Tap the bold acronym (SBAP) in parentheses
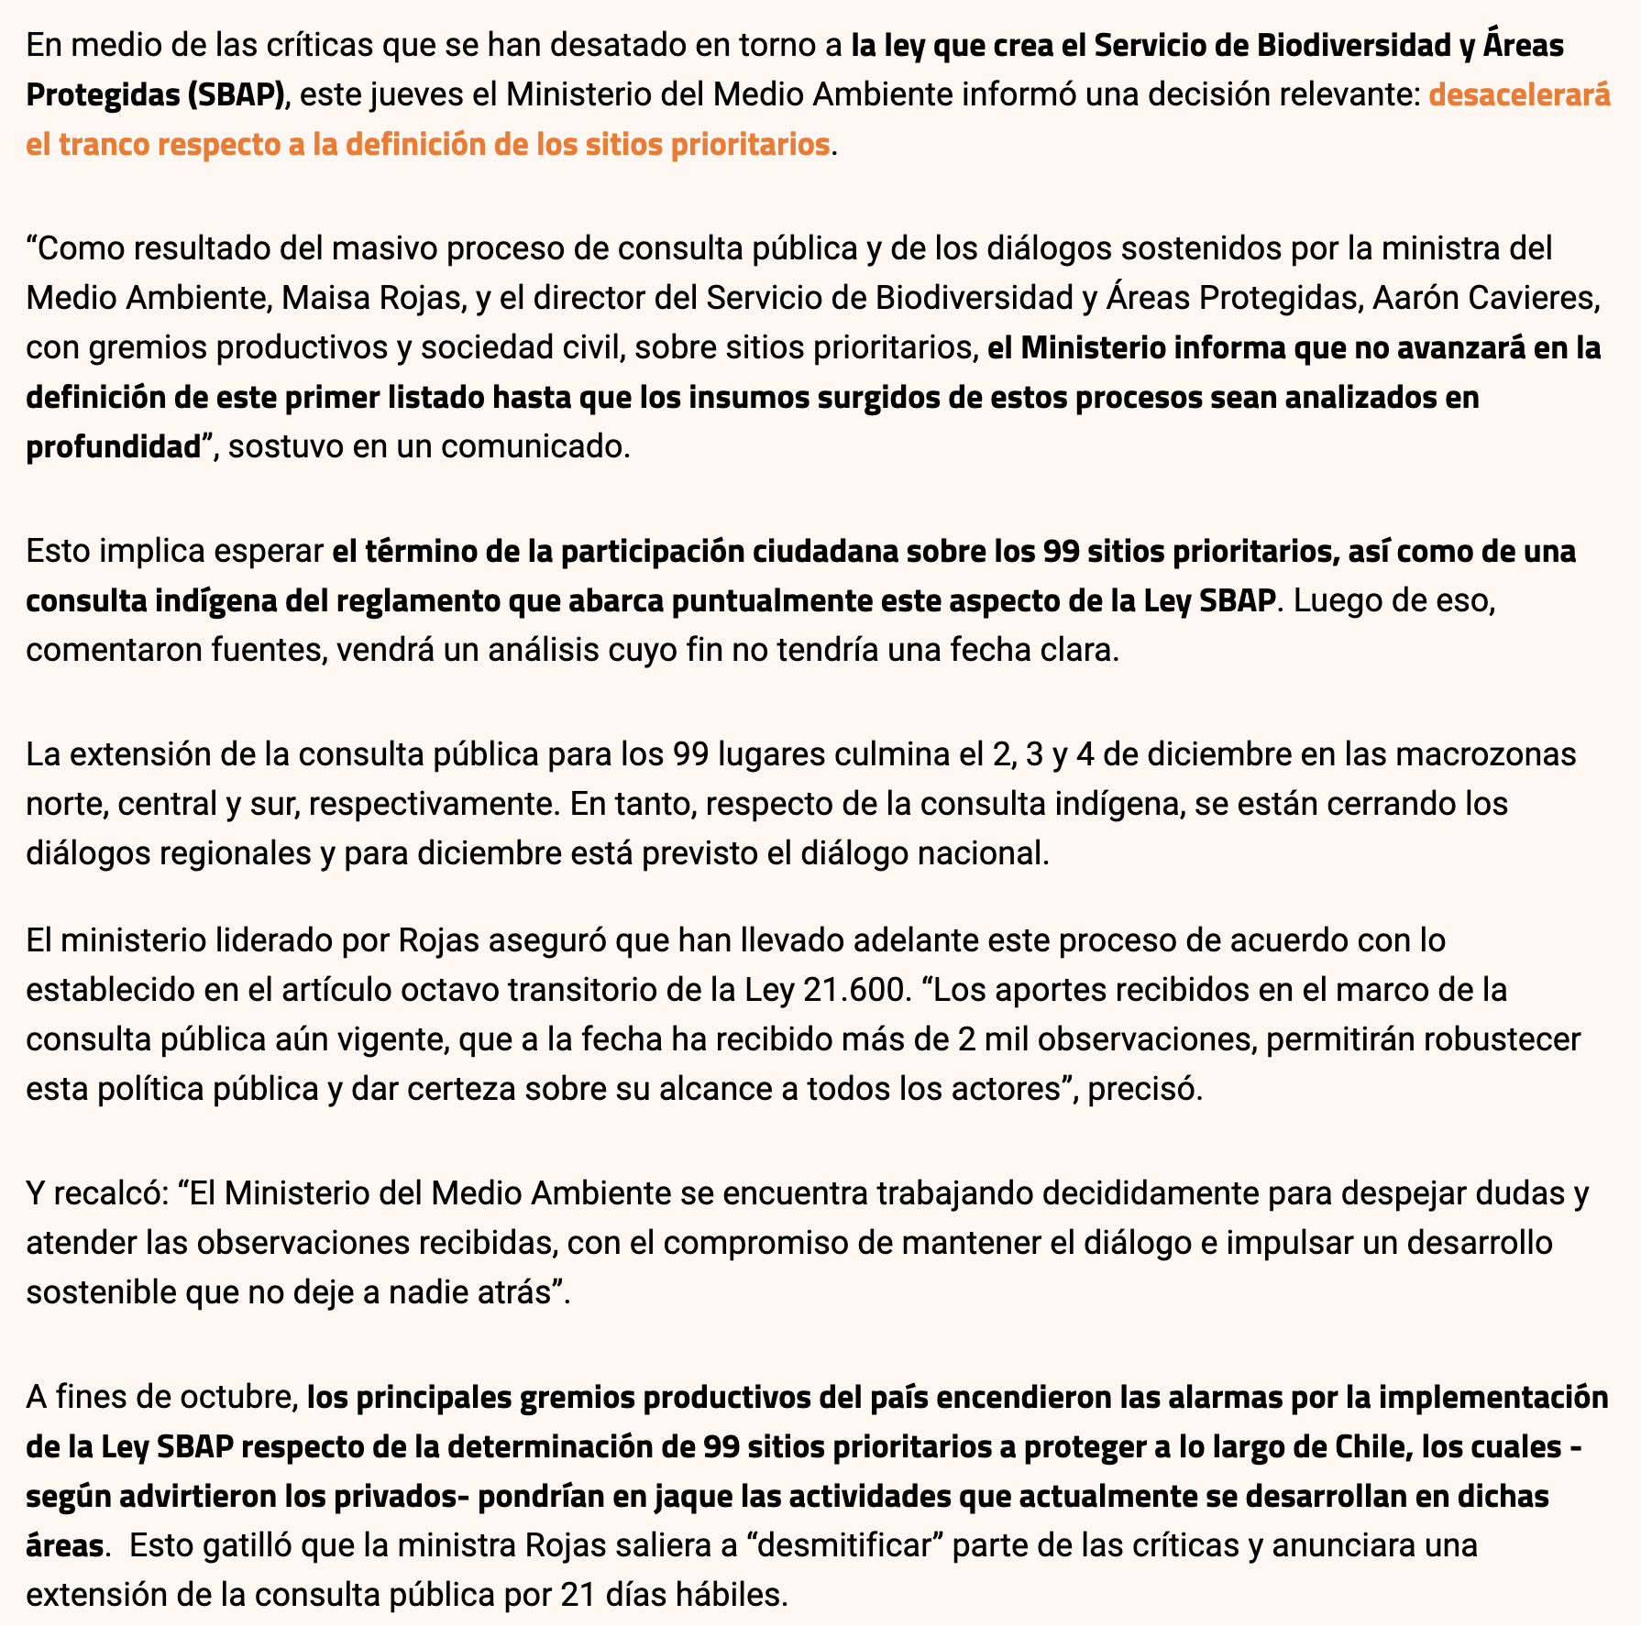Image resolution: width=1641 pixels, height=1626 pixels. pos(234,95)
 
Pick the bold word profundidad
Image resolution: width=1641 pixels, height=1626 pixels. pos(113,446)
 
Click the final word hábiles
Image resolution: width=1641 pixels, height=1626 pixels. pos(730,1596)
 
